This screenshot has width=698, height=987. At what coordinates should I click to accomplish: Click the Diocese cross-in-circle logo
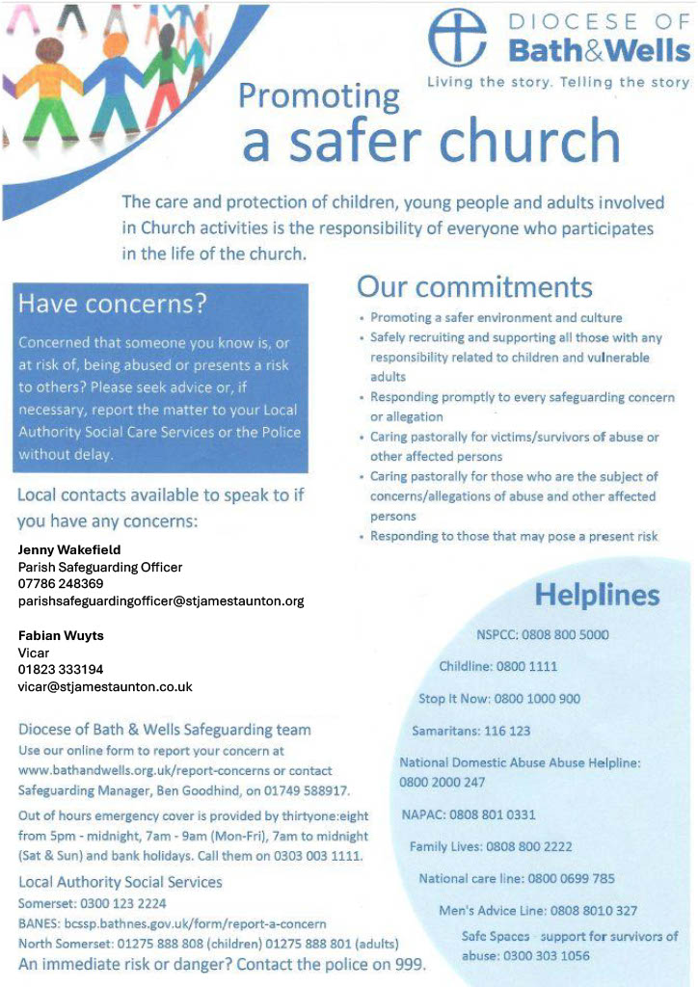click(458, 38)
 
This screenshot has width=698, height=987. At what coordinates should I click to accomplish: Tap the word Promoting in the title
click(318, 97)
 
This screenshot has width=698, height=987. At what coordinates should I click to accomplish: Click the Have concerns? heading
click(114, 304)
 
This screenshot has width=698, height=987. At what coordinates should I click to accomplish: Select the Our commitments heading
click(474, 286)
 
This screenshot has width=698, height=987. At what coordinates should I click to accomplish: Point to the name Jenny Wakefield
click(69, 549)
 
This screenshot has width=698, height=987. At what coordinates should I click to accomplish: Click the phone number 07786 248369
click(61, 584)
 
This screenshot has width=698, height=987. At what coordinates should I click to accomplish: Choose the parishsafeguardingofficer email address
click(161, 601)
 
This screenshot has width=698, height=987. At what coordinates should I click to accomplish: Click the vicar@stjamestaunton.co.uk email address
click(105, 687)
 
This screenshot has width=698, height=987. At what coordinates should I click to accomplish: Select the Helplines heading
click(597, 594)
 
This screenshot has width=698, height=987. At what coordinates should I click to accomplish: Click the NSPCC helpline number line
click(542, 635)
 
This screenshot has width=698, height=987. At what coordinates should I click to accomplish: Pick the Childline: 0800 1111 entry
click(497, 666)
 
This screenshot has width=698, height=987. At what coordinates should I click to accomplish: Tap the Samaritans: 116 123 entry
click(470, 731)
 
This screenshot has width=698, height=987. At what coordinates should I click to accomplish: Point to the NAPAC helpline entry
click(468, 814)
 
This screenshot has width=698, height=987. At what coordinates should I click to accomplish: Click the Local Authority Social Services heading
click(121, 882)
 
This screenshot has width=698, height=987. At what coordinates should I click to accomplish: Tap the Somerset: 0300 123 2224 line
click(93, 903)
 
